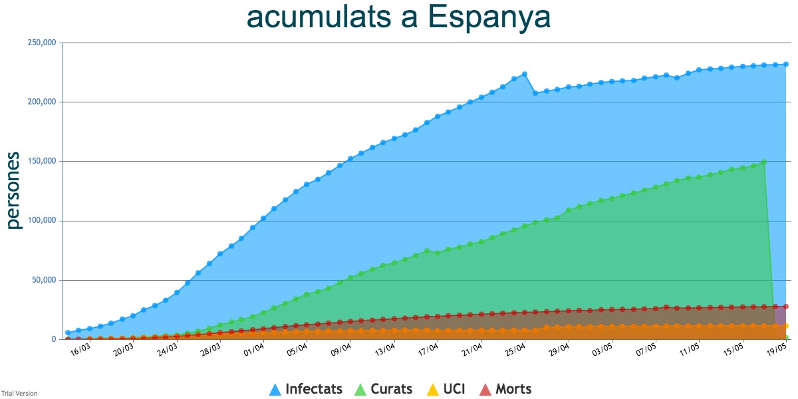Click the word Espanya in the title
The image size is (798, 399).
point(489,18)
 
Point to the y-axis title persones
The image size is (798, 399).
point(13,190)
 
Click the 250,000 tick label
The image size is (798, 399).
point(42,43)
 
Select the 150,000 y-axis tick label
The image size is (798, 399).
point(42,161)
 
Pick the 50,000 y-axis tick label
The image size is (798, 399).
point(44,280)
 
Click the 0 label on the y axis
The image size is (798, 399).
point(54,339)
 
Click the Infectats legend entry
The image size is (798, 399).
point(306,388)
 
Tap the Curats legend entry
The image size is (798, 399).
point(383,388)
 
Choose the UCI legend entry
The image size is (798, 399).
point(446,388)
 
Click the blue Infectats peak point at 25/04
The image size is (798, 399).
point(525,74)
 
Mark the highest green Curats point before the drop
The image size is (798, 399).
point(764,162)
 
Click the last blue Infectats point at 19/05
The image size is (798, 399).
point(786,64)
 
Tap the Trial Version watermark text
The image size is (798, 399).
point(19,393)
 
